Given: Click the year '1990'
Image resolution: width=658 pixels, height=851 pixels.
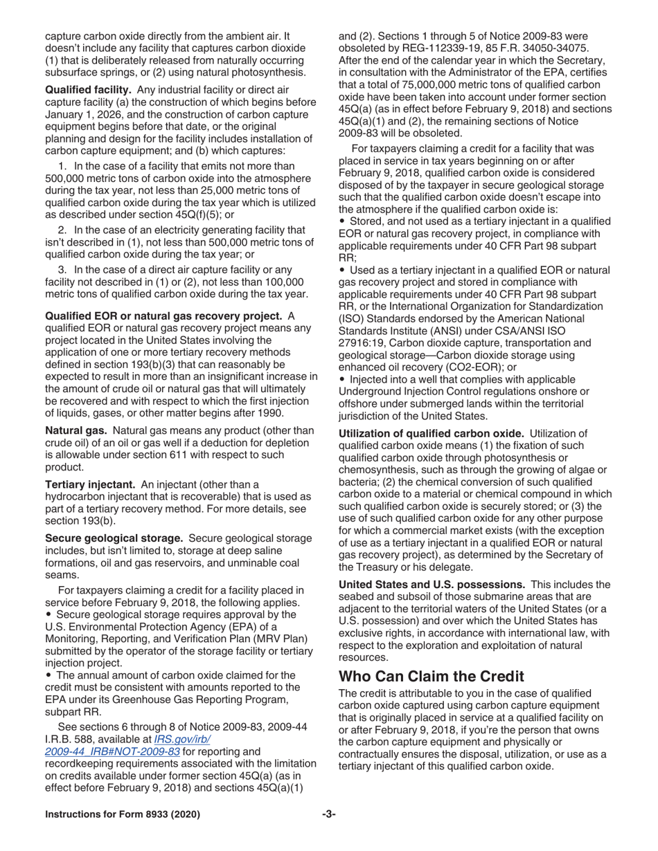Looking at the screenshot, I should [269, 414].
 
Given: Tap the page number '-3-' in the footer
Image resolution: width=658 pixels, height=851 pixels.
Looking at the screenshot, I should [328, 815].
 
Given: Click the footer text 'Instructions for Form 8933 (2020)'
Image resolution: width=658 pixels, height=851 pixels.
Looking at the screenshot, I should [123, 815].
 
